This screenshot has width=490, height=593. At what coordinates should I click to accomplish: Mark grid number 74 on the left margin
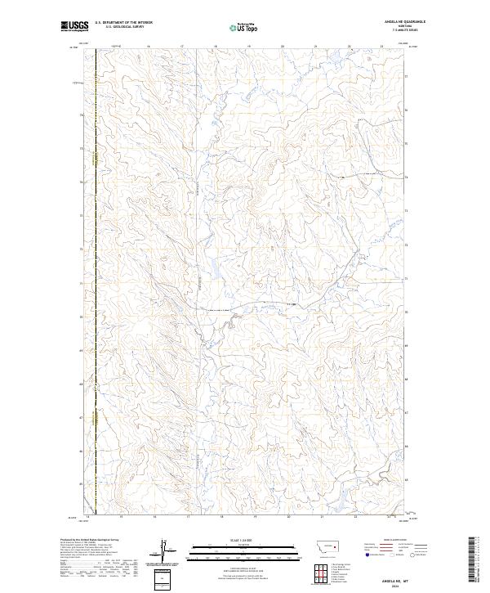coord(80,182)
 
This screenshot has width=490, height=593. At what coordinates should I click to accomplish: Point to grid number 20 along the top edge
coord(282,47)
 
